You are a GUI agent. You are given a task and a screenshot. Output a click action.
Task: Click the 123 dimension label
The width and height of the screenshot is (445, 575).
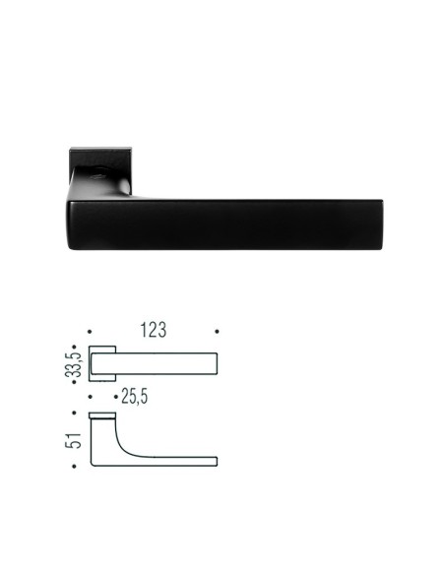pyautogui.click(x=154, y=330)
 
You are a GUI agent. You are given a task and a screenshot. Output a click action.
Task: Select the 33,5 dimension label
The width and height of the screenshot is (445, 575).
pyautogui.click(x=73, y=364)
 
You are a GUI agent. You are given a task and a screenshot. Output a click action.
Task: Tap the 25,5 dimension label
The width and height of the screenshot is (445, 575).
pyautogui.click(x=135, y=397)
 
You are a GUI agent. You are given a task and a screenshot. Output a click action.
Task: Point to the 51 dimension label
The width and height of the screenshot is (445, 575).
pyautogui.click(x=73, y=440)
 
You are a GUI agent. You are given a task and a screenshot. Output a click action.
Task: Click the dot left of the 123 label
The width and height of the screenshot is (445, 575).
pyautogui.click(x=90, y=332)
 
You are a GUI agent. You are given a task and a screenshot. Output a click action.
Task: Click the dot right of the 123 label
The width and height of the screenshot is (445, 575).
pyautogui.click(x=217, y=332)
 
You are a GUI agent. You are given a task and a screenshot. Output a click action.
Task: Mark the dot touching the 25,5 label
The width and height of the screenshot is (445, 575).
pyautogui.click(x=116, y=397)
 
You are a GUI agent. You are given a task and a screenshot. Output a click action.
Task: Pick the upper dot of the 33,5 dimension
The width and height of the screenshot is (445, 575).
pyautogui.click(x=74, y=347)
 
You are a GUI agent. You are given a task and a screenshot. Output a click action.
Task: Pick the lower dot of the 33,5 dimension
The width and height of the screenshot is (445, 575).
pyautogui.click(x=74, y=382)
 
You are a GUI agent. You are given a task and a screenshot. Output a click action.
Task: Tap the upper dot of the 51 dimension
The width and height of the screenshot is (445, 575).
pyautogui.click(x=74, y=413)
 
